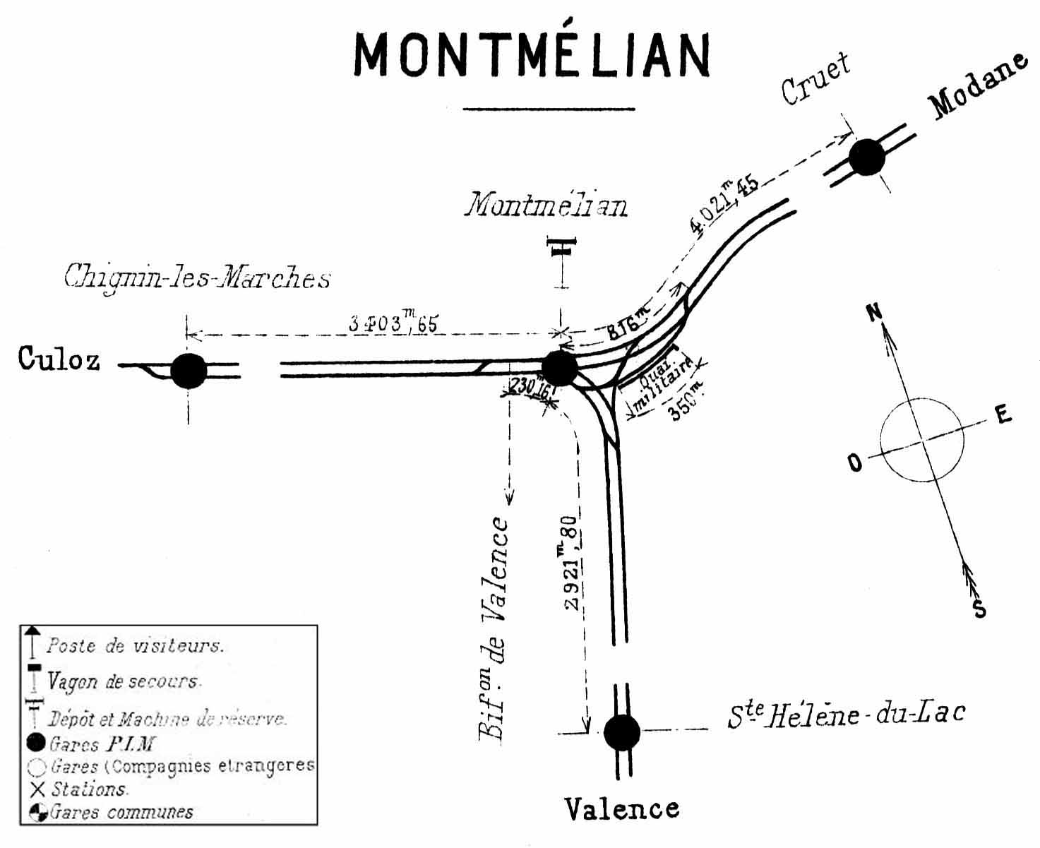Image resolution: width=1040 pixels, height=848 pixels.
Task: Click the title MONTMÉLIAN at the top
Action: [531, 55]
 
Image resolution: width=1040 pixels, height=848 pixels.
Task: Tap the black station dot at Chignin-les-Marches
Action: [189, 371]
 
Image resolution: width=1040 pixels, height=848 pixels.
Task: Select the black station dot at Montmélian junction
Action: [560, 367]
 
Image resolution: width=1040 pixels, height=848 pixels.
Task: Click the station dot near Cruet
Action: [867, 157]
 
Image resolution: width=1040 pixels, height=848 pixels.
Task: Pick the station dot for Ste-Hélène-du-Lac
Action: [622, 732]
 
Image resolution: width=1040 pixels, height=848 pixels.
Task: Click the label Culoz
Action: [59, 359]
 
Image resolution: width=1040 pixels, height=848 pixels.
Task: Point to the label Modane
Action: [979, 85]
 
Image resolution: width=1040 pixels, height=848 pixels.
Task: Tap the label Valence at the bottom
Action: [622, 808]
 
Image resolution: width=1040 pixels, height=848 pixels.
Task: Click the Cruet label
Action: [815, 79]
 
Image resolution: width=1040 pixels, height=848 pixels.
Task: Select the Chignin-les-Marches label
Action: [197, 277]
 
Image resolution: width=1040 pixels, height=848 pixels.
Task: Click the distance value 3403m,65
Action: [393, 324]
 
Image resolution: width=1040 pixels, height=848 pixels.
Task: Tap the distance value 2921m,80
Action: [571, 563]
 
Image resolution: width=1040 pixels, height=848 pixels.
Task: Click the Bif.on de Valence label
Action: [495, 628]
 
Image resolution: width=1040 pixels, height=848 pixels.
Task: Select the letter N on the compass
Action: [875, 311]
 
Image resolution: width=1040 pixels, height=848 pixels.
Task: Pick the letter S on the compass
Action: [979, 608]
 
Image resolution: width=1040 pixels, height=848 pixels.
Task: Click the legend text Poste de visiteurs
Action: [135, 646]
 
